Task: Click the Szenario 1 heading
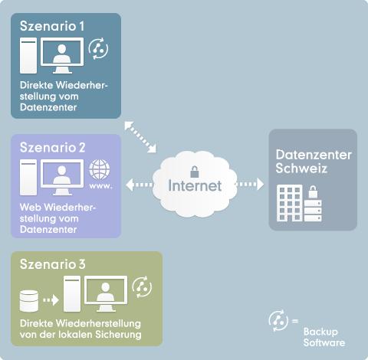52,26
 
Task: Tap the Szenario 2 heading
53,147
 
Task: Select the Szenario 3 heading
53,264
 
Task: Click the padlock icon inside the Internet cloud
195,172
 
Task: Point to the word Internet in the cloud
195,185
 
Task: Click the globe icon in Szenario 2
100,169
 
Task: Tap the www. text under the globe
100,186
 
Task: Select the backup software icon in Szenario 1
98,49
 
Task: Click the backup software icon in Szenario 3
142,286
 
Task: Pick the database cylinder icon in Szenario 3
29,301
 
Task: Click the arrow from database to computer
51,300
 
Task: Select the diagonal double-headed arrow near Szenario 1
140,137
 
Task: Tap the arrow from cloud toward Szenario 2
140,185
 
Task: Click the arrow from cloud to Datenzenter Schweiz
249,184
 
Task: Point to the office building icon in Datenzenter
290,203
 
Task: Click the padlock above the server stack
313,192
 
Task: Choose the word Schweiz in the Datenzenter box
301,169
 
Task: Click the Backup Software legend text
324,337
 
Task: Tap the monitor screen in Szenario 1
62,52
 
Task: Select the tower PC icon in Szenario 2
28,178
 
